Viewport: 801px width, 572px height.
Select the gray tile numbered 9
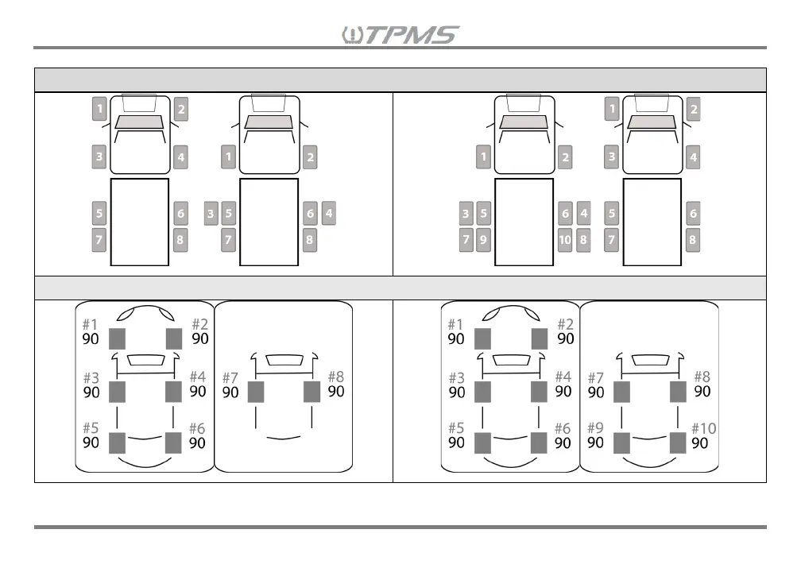483,239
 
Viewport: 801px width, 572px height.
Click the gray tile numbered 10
565,239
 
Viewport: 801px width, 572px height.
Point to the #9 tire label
595,427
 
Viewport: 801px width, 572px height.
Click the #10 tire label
703,428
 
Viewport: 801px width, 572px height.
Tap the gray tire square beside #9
621,443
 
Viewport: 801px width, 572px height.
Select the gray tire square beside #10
678,443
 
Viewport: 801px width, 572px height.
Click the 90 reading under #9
595,443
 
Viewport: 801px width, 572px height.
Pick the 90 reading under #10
700,443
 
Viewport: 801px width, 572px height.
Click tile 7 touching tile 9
466,239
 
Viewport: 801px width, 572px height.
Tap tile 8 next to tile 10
584,239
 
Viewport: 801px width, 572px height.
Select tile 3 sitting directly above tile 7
466,213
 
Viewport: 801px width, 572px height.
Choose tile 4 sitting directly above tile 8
584,213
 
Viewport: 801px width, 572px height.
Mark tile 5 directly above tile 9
483,213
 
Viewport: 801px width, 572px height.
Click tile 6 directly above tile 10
565,213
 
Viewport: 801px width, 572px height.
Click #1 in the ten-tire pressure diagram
455,324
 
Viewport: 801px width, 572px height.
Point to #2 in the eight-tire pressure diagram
199,324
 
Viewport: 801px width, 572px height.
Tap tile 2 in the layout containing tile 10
565,157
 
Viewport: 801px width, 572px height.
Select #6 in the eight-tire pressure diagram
197,428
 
